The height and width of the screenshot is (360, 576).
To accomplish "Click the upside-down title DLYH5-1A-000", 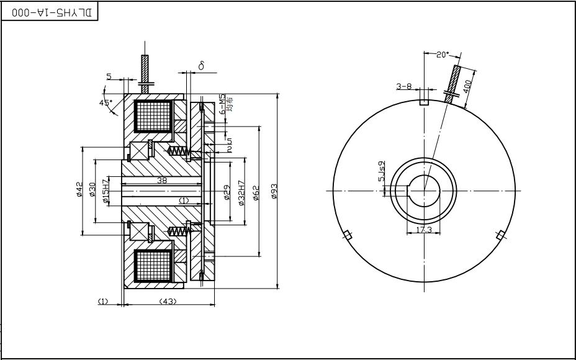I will pos(50,12).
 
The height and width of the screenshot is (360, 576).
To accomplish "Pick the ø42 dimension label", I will pos(79,190).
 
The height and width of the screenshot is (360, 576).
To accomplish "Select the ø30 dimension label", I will pos(92,190).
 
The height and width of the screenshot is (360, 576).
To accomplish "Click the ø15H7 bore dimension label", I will pos(106,190).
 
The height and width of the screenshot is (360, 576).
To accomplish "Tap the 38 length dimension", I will pos(161,181).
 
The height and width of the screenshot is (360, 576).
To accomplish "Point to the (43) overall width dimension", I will pos(168,301).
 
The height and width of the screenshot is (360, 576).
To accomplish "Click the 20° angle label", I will pos(442,55).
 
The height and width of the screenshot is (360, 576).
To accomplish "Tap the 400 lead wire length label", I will pos(467,83).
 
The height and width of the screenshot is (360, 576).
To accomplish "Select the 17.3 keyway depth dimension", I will pos(424,230).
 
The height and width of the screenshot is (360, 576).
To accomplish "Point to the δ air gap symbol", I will pos(202,65).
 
